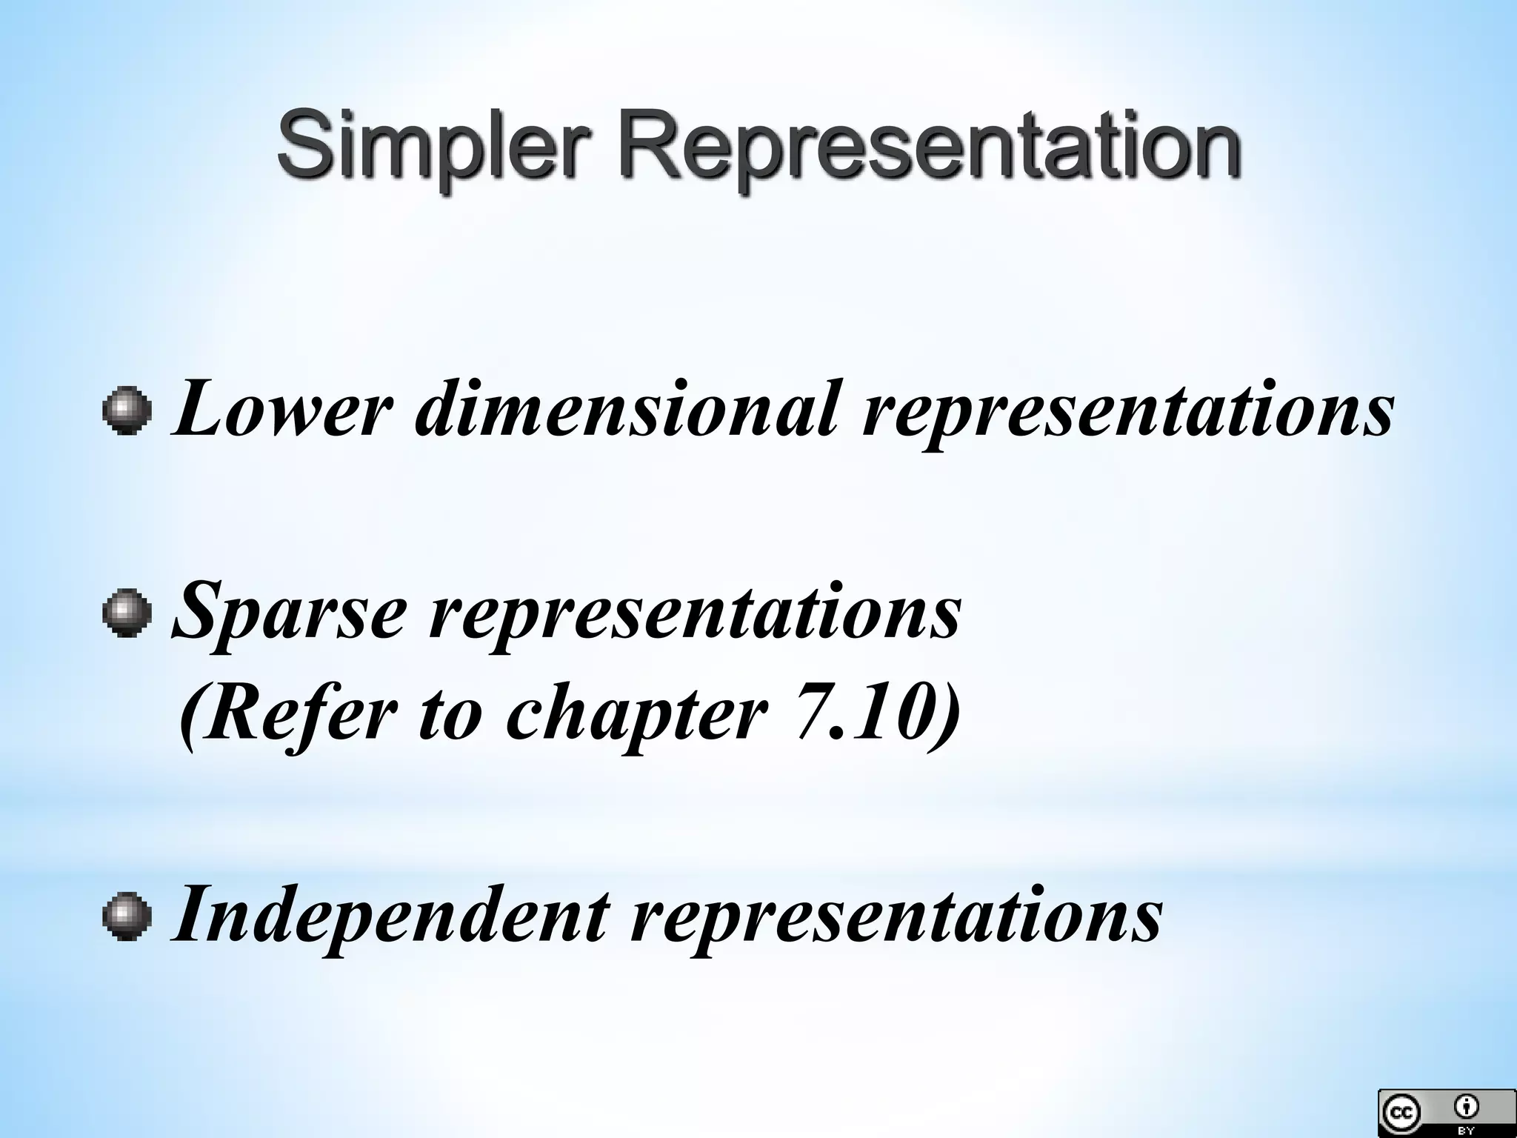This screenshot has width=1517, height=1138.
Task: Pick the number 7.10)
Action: point(878,713)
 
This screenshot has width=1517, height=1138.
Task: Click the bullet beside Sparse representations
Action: point(127,613)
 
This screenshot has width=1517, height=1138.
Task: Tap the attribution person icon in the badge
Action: point(1466,1107)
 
